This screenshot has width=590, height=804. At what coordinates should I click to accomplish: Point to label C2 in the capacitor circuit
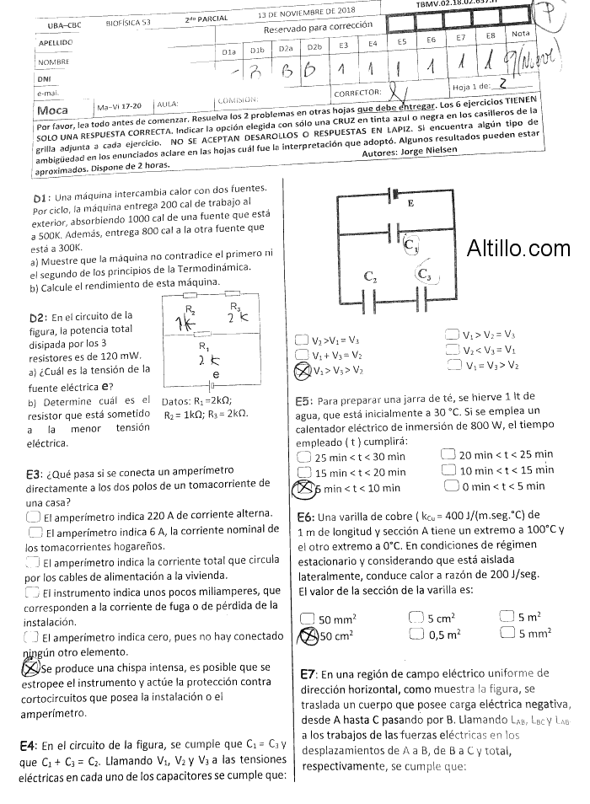click(x=371, y=276)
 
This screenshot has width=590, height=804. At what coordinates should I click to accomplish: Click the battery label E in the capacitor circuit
click(x=410, y=203)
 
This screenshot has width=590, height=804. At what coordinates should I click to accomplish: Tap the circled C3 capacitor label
click(x=425, y=274)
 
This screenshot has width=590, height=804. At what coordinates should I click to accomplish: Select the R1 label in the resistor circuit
click(x=204, y=346)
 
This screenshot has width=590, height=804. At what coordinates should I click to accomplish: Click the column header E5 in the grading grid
click(x=402, y=40)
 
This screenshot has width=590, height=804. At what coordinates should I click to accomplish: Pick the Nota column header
click(x=521, y=34)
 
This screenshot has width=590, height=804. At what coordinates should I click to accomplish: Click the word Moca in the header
click(x=53, y=109)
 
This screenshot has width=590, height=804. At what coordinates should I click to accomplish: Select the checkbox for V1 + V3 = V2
click(x=303, y=355)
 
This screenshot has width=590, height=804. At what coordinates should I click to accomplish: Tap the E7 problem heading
click(x=308, y=674)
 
